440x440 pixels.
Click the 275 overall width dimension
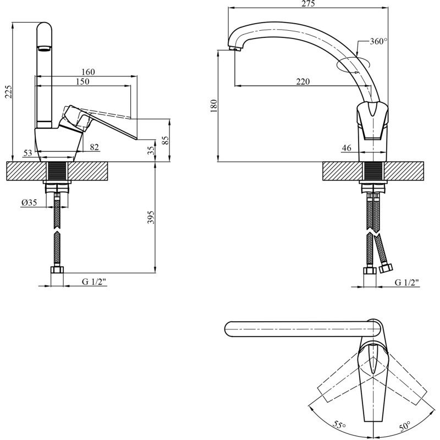point(308,4)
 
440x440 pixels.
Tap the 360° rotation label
point(378,41)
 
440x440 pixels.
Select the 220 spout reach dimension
point(302,81)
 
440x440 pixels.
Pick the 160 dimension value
point(88,72)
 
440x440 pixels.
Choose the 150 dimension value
point(82,81)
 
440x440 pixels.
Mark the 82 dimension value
point(94,147)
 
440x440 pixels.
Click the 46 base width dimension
point(346,147)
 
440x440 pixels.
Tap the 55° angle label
point(339,425)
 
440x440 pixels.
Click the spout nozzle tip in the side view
point(236,50)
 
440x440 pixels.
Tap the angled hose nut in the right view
point(386,268)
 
